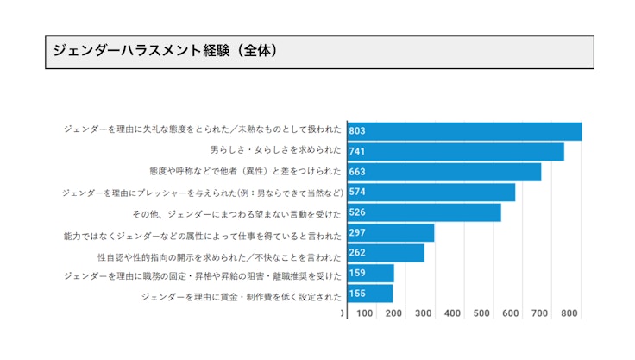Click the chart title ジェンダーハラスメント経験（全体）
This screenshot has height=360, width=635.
click(x=165, y=51)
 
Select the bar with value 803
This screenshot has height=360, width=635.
click(x=464, y=131)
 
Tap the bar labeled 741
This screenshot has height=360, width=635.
click(x=456, y=151)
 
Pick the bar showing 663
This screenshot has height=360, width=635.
click(x=444, y=172)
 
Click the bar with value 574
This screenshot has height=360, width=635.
click(x=431, y=192)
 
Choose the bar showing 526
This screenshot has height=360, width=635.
click(x=424, y=212)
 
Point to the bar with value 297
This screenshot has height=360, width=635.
click(x=391, y=233)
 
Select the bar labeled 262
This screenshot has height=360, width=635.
click(x=386, y=253)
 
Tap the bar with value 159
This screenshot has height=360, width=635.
click(x=370, y=274)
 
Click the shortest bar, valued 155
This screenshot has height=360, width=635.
click(x=370, y=294)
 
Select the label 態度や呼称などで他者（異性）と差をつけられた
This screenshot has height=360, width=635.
click(x=246, y=171)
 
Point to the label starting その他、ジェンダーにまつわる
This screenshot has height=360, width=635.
click(x=237, y=213)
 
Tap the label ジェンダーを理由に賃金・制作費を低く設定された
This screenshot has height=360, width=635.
click(x=242, y=297)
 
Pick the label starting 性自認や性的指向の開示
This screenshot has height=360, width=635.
click(x=220, y=256)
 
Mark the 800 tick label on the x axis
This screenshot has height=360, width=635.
click(x=569, y=313)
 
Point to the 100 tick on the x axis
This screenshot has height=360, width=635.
click(x=365, y=313)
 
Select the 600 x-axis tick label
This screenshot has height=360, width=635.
click(x=511, y=313)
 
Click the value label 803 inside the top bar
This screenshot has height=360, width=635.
click(x=357, y=131)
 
